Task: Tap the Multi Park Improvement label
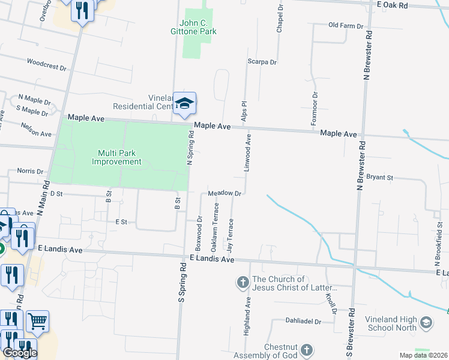pyautogui.click(x=116, y=157)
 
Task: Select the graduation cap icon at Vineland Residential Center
pyautogui.click(x=185, y=103)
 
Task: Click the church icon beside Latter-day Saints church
pyautogui.click(x=243, y=281)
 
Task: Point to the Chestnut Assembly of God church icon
pyautogui.click(x=306, y=349)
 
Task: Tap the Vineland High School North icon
pyautogui.click(x=426, y=323)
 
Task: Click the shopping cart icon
pyautogui.click(x=37, y=322)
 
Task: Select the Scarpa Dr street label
pyautogui.click(x=262, y=62)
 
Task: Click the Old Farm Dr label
pyautogui.click(x=346, y=26)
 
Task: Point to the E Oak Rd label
pyautogui.click(x=393, y=5)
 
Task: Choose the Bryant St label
pyautogui.click(x=379, y=178)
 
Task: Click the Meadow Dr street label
pyautogui.click(x=224, y=193)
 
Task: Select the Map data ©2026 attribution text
pyautogui.click(x=423, y=355)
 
